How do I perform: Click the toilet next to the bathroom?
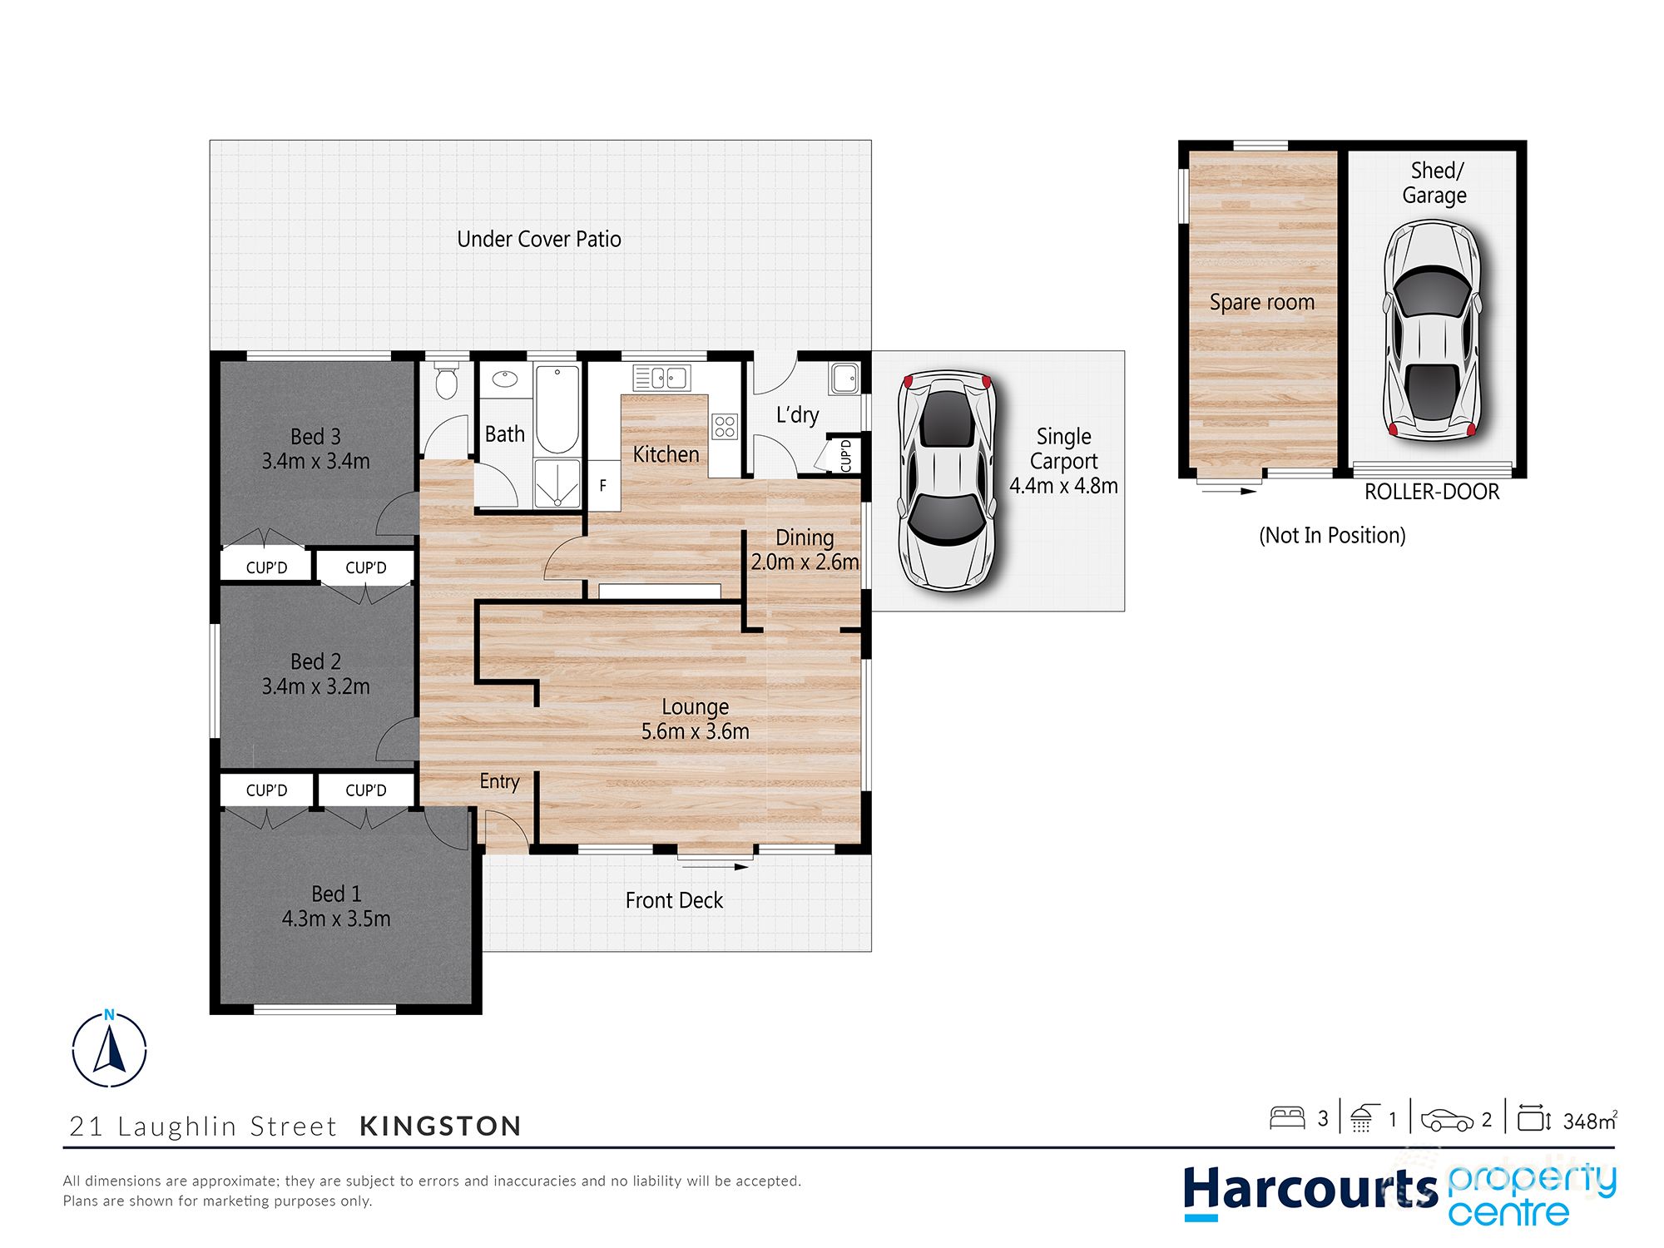pos(447,381)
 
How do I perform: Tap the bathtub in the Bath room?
pos(557,409)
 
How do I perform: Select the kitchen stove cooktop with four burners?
pos(725,427)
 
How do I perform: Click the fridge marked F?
pos(603,486)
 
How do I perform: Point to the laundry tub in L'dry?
pos(844,379)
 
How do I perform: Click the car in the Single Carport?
pos(947,481)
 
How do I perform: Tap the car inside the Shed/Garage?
pos(1431,331)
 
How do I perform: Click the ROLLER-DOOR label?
pos(1432,493)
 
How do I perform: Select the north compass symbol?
pos(109,1050)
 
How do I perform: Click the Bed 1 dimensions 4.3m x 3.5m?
pos(336,919)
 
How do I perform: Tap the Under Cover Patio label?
pos(539,240)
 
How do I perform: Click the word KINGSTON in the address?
pos(440,1127)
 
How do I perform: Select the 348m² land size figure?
pos(1589,1122)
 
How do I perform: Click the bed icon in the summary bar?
pos(1287,1118)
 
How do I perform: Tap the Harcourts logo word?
pos(1310,1190)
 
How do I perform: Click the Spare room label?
pos(1261,303)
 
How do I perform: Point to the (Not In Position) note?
pos(1332,535)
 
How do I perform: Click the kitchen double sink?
pos(662,379)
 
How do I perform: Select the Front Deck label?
pos(674,900)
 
